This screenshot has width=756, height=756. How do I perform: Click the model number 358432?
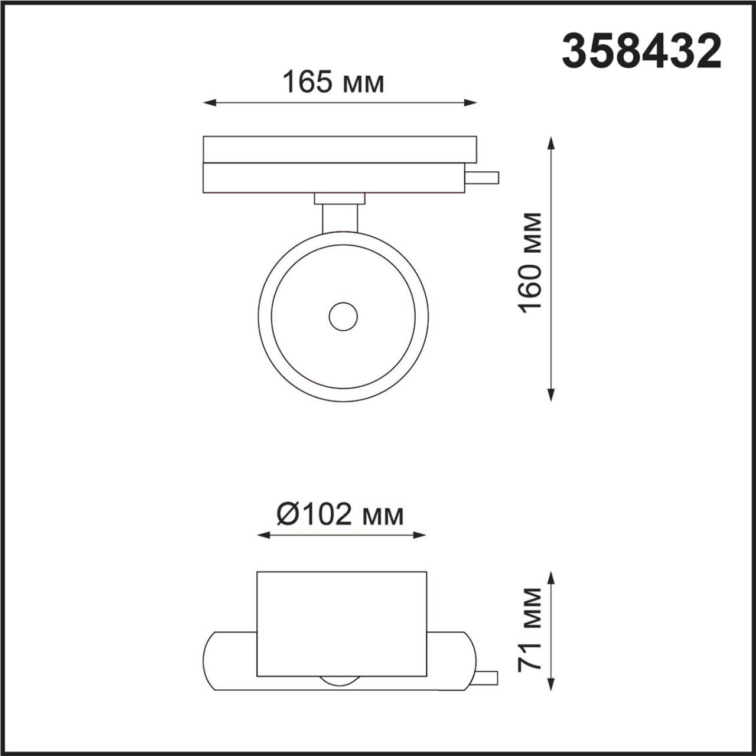(641, 51)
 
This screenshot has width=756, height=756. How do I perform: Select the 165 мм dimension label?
(334, 82)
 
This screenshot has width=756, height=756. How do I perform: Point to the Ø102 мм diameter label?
(341, 514)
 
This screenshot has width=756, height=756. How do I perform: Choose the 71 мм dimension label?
(530, 630)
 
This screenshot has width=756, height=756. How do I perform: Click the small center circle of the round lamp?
(343, 317)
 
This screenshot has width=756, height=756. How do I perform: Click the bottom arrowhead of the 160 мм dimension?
(551, 397)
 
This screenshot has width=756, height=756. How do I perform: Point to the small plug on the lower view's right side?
(487, 678)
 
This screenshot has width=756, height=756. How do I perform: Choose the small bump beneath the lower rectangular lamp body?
(341, 681)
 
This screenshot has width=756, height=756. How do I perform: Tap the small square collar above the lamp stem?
(340, 198)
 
